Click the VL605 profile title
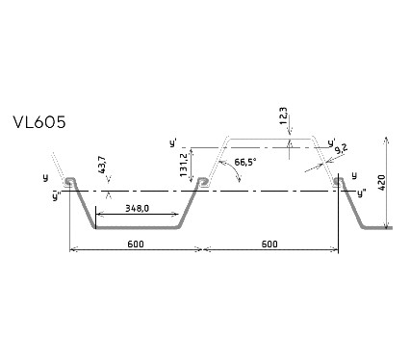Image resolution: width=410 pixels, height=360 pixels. coord(39,122)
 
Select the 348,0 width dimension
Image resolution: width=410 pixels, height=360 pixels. coord(137,209)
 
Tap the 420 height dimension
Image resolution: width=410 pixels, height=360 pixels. coord(381,183)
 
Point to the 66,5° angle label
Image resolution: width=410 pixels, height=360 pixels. coord(245,162)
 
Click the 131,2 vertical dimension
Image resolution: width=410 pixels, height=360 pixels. coord(184,166)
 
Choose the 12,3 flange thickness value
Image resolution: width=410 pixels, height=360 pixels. coord(284,116)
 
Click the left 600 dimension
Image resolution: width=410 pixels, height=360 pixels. coord(136,244)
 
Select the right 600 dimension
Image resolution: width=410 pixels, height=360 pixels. coord(269,244)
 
